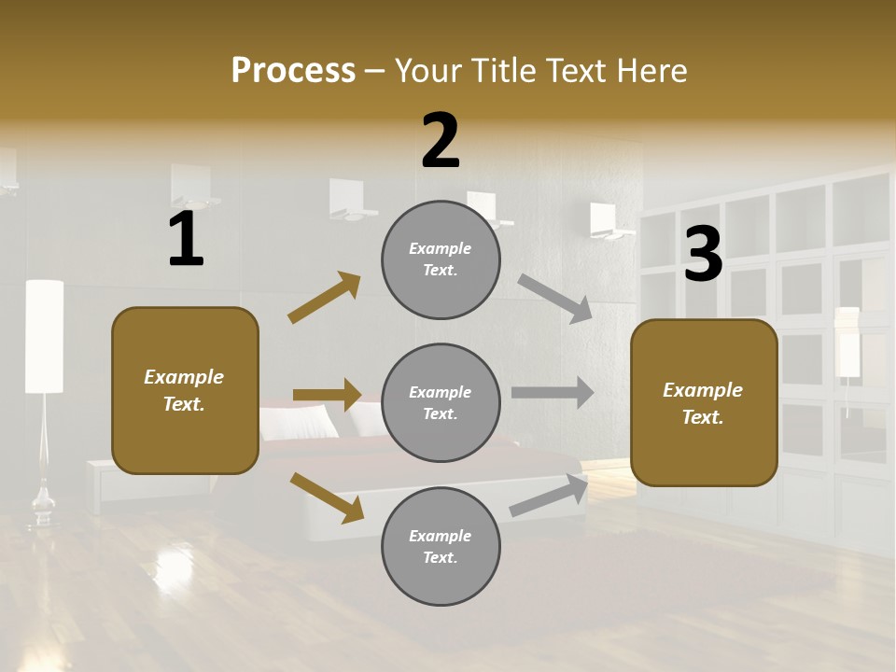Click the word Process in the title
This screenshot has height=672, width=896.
[293, 71]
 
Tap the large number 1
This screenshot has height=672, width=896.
[186, 240]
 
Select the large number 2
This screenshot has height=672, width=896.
[441, 141]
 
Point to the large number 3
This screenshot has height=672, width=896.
[703, 254]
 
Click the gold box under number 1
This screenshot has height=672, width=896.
[185, 390]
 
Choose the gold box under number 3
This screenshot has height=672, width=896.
[704, 402]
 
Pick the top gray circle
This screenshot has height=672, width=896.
[441, 259]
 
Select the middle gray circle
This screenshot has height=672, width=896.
[441, 402]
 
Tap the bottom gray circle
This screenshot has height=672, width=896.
[441, 546]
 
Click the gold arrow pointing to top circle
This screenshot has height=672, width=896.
[325, 298]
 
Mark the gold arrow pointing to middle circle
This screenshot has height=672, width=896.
[327, 395]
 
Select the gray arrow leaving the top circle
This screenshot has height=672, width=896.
[554, 298]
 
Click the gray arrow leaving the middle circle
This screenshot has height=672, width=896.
[553, 392]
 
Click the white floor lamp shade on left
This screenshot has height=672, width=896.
[44, 336]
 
